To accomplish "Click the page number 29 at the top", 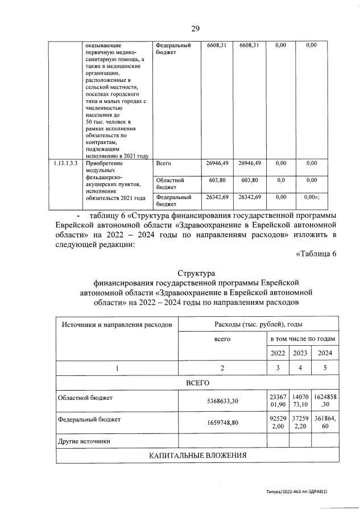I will (x=195, y=28).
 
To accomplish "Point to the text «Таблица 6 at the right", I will (x=317, y=253).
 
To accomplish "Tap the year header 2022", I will (x=278, y=353).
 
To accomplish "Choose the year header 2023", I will (x=300, y=353).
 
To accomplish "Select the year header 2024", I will (x=325, y=353).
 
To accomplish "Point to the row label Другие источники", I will (x=84, y=441).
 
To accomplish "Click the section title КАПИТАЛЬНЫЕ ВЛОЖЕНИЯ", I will (x=197, y=456).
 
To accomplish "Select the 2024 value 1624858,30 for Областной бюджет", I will (x=325, y=401).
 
